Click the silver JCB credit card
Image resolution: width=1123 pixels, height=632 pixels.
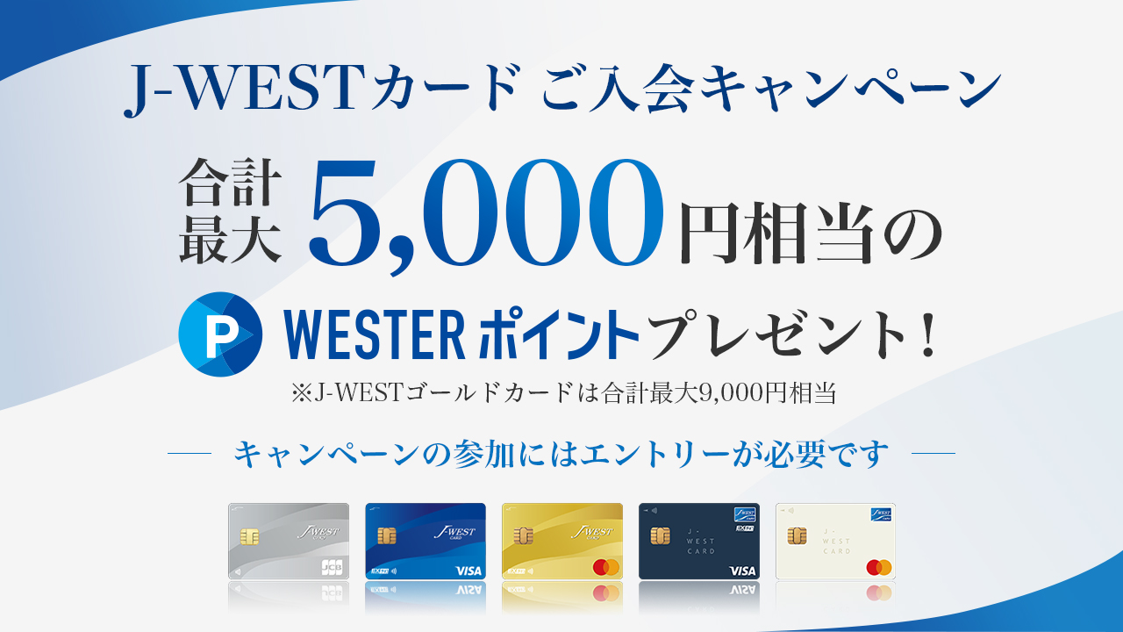[289, 542]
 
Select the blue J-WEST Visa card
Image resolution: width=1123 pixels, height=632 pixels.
[426, 542]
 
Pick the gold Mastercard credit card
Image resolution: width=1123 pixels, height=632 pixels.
[562, 542]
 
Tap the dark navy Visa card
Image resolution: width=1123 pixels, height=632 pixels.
[699, 542]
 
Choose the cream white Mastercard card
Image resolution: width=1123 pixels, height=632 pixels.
[836, 542]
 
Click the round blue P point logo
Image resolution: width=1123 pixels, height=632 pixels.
[220, 334]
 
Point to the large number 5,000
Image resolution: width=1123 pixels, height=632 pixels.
[485, 216]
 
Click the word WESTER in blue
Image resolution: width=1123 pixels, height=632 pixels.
[375, 334]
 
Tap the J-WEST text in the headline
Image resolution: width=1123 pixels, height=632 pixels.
[241, 89]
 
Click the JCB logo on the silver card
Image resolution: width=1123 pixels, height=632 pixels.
[332, 567]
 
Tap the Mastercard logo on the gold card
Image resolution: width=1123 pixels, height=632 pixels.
[605, 567]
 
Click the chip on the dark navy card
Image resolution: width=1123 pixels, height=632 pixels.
[660, 535]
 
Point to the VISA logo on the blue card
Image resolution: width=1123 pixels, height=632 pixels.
[469, 571]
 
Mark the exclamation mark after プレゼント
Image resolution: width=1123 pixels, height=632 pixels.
[928, 334]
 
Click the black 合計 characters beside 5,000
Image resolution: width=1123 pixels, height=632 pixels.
[230, 182]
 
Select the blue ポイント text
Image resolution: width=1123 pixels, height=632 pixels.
[559, 334]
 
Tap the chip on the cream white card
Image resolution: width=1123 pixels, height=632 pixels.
[797, 535]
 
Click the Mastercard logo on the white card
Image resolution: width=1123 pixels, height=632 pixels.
[879, 567]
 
